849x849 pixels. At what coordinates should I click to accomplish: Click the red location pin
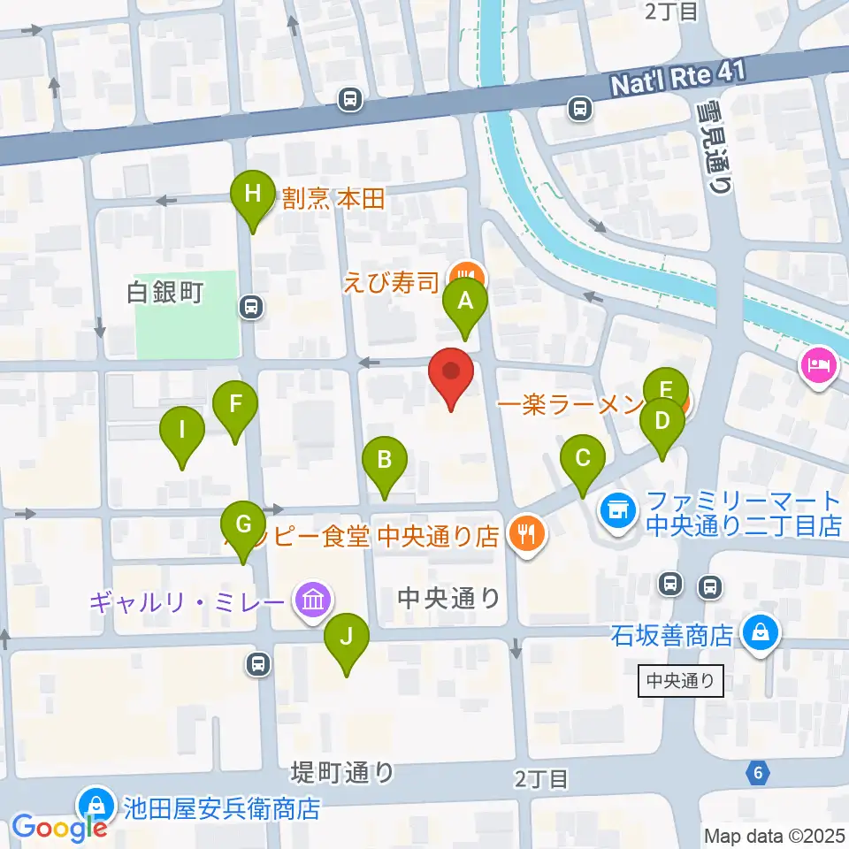[x=452, y=376]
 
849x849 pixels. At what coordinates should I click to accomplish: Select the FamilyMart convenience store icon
[x=616, y=509]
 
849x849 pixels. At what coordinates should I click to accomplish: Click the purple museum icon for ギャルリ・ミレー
[x=313, y=602]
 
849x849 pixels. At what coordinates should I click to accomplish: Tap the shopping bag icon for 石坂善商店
[x=760, y=634]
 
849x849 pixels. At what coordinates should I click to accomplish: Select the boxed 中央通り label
[x=679, y=681]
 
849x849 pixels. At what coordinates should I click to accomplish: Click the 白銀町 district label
[x=166, y=291]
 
